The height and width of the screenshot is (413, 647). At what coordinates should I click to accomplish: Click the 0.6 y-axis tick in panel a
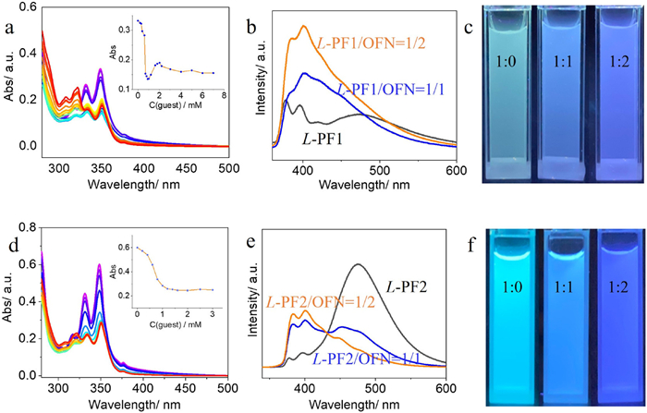pos(25,7)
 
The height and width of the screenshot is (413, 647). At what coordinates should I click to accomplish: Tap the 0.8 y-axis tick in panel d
pos(25,224)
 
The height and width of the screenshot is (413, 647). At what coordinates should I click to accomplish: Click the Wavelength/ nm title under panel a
pos(128,174)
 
